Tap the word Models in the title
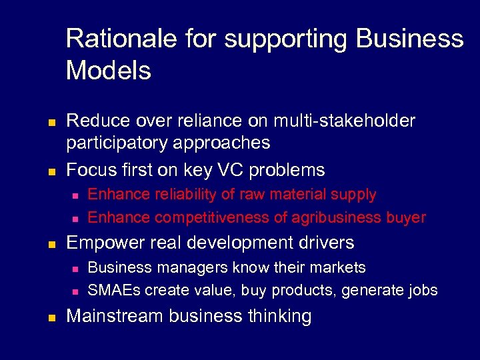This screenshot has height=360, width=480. [x=109, y=70]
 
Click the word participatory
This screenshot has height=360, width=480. [x=119, y=143]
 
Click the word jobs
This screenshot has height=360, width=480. [x=421, y=291]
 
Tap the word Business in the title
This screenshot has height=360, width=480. [x=409, y=39]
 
